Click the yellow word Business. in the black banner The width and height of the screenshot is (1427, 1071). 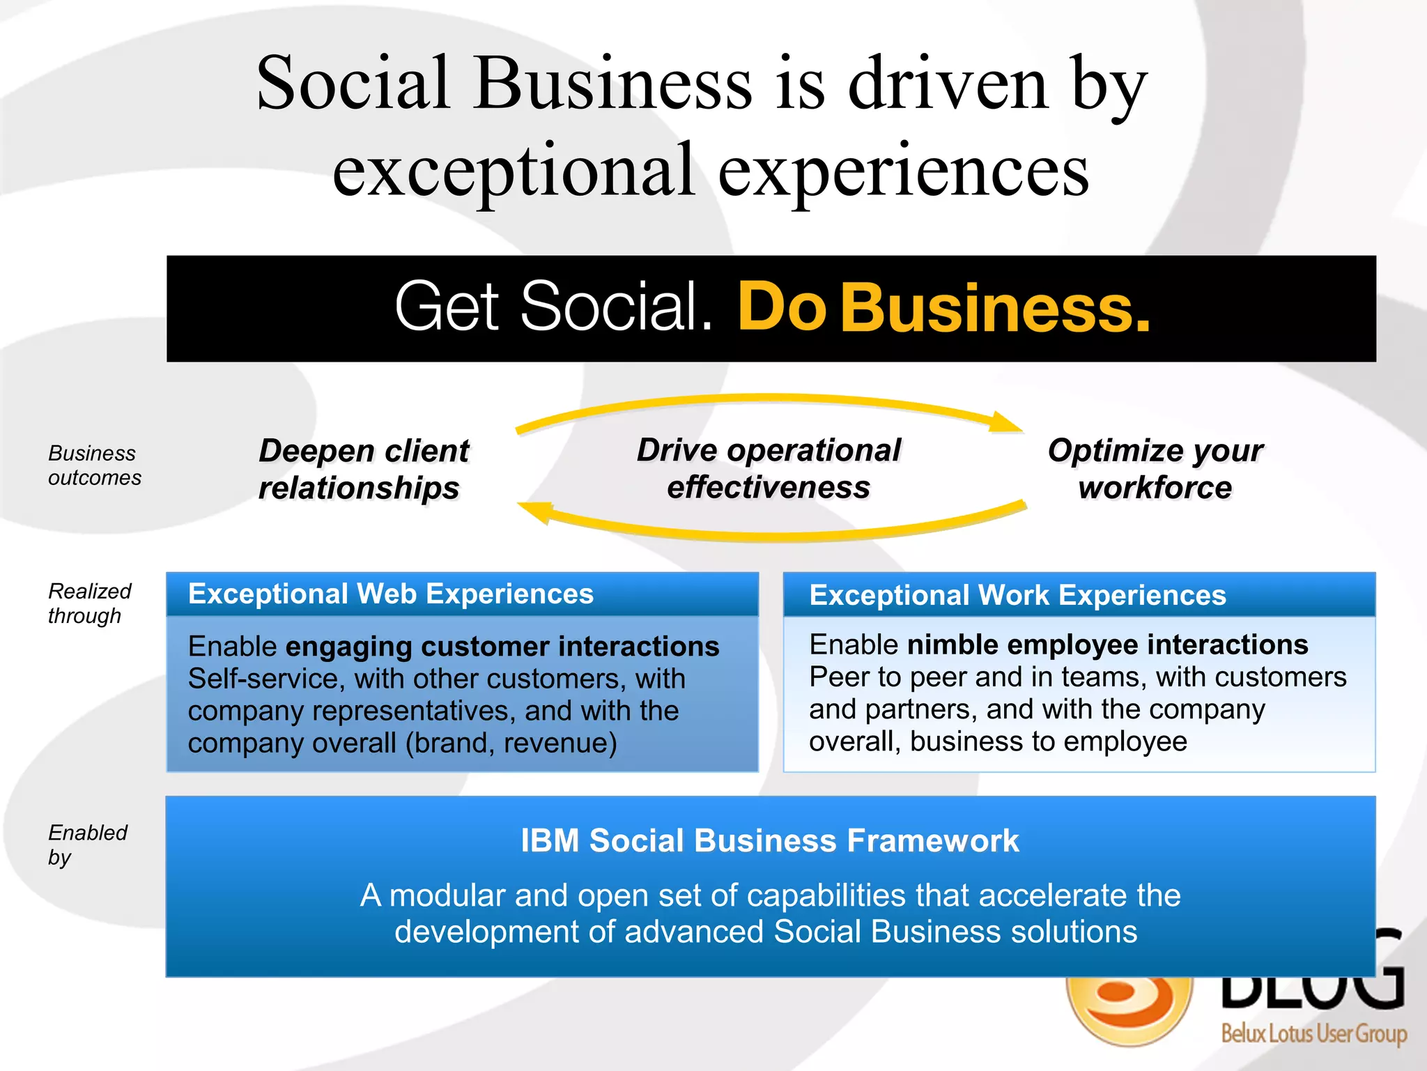point(996,308)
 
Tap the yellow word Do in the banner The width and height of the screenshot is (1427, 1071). point(782,308)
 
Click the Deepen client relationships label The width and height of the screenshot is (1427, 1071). point(363,469)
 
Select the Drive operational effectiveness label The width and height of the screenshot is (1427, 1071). point(769,468)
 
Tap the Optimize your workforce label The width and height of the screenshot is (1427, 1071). point(1155,468)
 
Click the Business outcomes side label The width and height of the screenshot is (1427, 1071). point(94,465)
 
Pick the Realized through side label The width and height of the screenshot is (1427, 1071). point(89,603)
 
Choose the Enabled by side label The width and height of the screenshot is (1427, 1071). point(87,845)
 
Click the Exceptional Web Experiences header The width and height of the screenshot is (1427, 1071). point(391,594)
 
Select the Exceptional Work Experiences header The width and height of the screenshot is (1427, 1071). point(1017,596)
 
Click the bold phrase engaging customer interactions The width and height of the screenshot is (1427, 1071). point(502,647)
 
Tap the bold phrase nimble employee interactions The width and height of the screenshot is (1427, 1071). point(1107,645)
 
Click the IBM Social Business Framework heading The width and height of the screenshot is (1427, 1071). point(770,840)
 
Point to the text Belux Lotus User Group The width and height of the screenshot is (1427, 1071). point(1313,1033)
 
